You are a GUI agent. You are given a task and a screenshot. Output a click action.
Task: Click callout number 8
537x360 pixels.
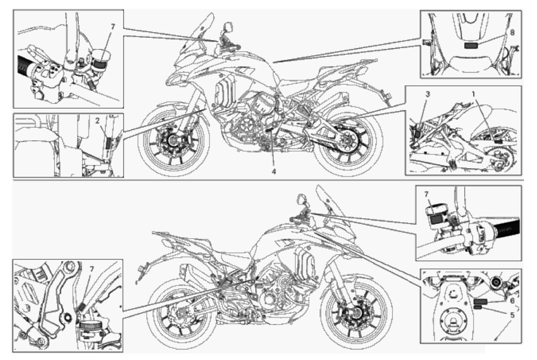tap(512, 33)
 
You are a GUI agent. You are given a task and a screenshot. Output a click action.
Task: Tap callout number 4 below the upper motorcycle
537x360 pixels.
tap(274, 171)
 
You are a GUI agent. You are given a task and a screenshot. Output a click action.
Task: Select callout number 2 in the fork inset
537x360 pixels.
tap(97, 121)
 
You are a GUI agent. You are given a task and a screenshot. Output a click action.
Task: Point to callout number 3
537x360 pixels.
tap(428, 94)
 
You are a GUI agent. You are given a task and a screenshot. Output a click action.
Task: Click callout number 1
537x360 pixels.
tap(475, 94)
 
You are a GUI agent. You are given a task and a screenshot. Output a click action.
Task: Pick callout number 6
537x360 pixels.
tap(512, 300)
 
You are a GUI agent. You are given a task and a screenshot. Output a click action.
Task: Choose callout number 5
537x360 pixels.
tap(512, 314)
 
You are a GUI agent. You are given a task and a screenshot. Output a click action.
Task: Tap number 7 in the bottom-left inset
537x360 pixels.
tap(91, 269)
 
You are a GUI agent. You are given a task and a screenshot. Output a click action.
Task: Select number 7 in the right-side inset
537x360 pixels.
tap(427, 194)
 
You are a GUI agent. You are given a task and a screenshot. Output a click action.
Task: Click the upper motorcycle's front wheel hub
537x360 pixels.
tap(172, 140)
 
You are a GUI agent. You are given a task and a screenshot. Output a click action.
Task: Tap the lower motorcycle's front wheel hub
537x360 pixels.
tap(356, 312)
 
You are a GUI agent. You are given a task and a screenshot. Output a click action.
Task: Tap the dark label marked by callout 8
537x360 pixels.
tap(470, 46)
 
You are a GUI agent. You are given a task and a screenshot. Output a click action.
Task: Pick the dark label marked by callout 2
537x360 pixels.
tap(108, 143)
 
